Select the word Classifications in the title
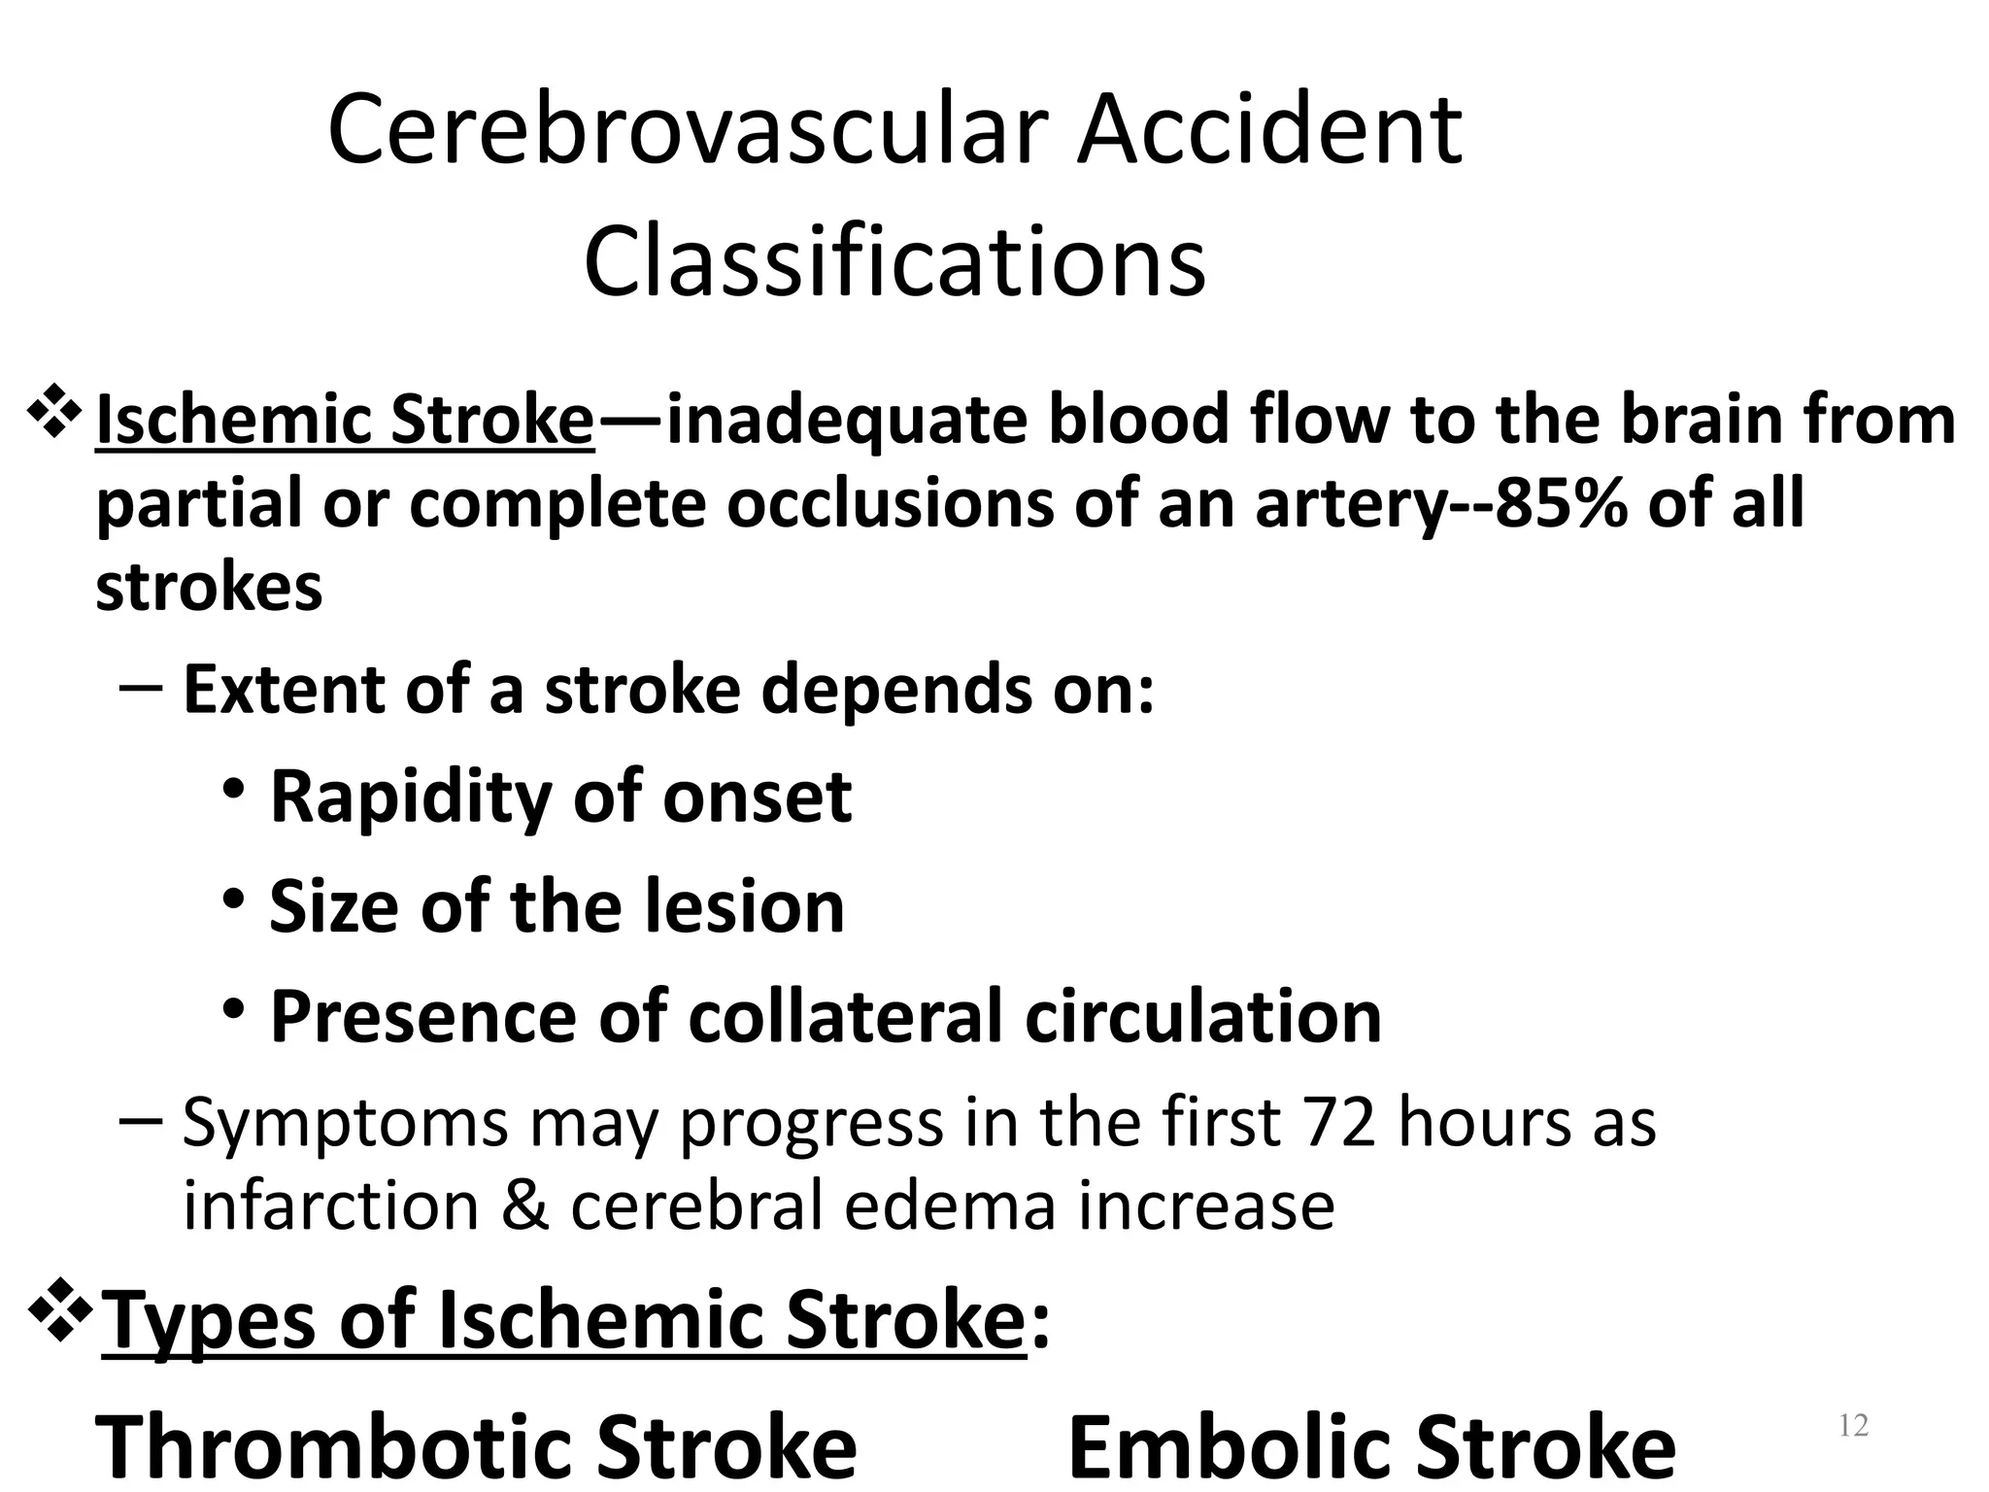pos(894,261)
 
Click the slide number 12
pos(1853,1425)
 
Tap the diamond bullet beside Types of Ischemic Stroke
pos(63,1310)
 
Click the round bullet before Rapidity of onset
pos(233,789)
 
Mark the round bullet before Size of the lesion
pos(233,899)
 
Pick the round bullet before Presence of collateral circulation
pos(233,1009)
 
